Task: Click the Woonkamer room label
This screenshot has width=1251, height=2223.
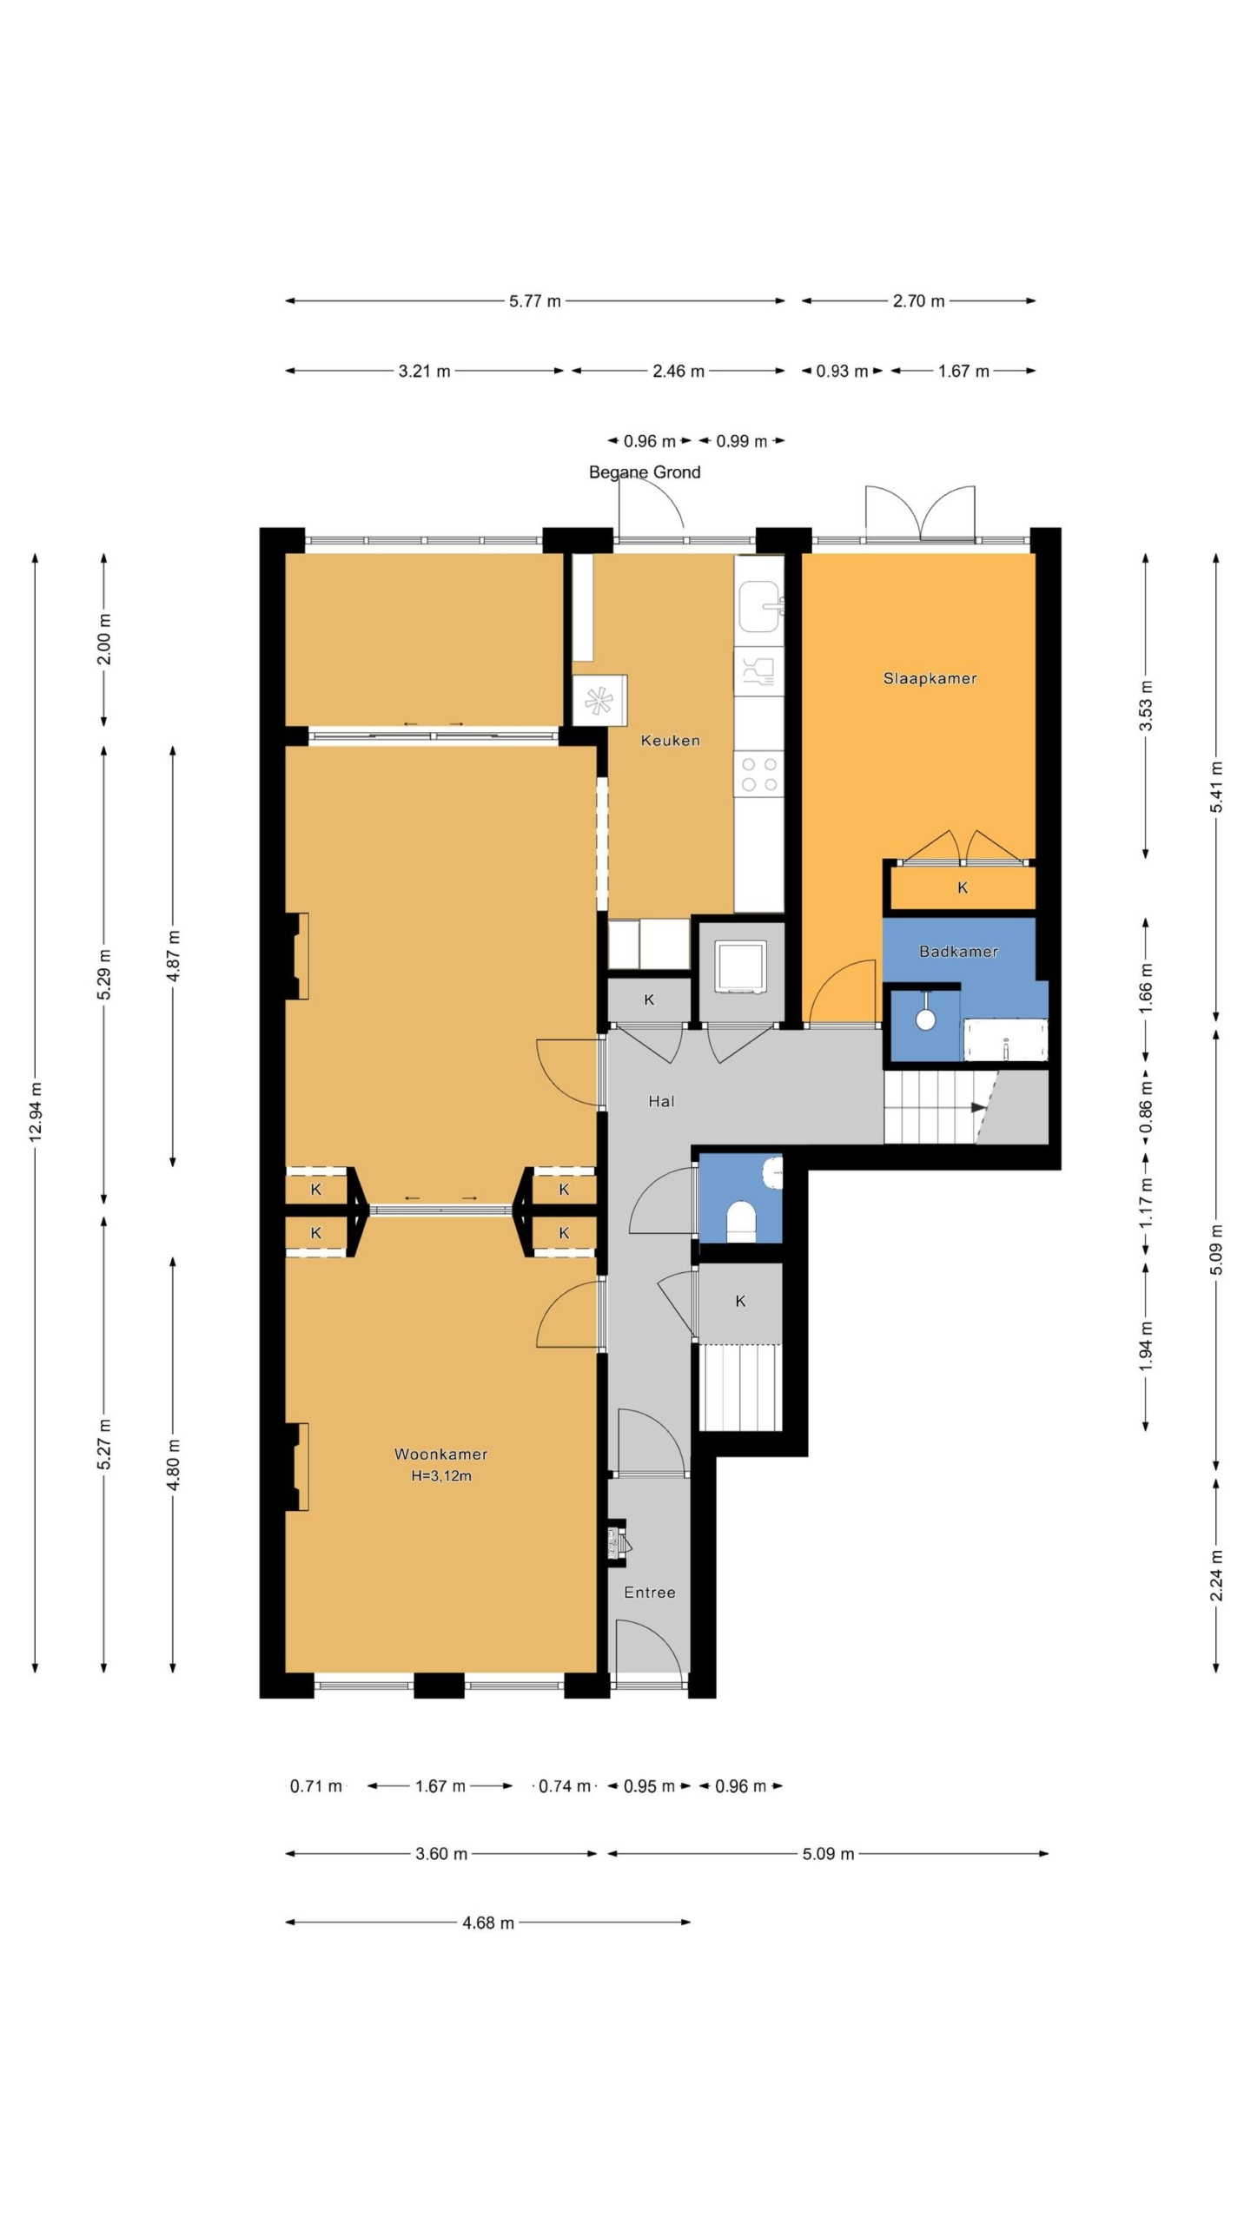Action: [440, 1454]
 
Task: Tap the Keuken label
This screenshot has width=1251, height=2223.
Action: [670, 741]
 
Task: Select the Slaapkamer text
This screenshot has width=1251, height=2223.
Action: [930, 678]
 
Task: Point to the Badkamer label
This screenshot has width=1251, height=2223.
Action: [958, 951]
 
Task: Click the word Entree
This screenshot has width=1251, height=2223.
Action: [650, 1592]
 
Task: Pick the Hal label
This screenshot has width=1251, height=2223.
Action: [661, 1101]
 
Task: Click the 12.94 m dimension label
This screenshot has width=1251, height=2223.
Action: [35, 1112]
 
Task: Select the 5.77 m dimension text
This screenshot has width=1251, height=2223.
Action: [535, 301]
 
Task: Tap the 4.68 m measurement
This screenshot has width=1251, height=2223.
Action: [488, 1923]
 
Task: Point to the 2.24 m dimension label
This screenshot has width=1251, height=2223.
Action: [1216, 1575]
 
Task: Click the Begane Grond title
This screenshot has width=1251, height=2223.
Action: [645, 472]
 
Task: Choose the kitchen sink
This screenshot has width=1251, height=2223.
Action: [761, 606]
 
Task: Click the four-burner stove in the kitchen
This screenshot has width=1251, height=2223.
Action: [759, 775]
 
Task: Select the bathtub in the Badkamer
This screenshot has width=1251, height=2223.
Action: [1006, 1040]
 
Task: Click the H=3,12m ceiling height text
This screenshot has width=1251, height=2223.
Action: [441, 1475]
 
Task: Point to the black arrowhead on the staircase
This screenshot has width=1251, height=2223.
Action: [979, 1107]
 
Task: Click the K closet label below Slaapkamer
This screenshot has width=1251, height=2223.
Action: [963, 887]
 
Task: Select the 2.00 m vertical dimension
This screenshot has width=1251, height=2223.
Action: [104, 639]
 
